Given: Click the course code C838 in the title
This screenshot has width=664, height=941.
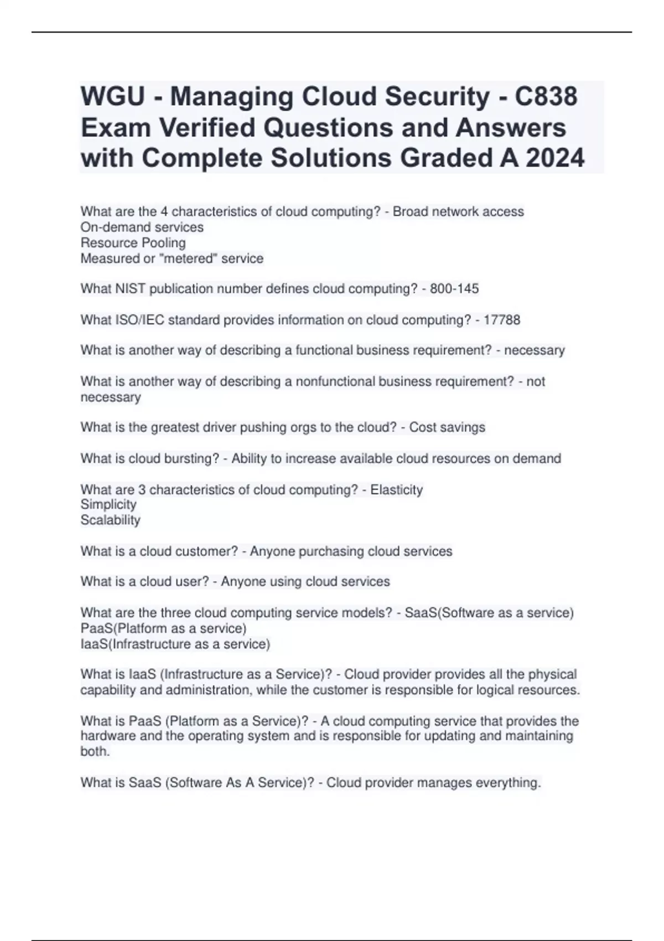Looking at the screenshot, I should pyautogui.click(x=546, y=96).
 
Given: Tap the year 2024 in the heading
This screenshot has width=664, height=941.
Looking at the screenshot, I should pyautogui.click(x=554, y=158).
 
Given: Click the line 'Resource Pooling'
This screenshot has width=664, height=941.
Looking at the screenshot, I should pyautogui.click(x=133, y=243).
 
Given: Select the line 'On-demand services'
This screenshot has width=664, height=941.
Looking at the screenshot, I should pyautogui.click(x=142, y=228).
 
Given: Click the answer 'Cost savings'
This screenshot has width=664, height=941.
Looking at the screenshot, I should pyautogui.click(x=447, y=427).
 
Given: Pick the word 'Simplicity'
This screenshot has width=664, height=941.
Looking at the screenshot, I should pyautogui.click(x=108, y=504).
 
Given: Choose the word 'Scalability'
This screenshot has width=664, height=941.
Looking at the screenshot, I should pyautogui.click(x=110, y=520).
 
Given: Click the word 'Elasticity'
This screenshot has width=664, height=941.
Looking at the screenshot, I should pyautogui.click(x=396, y=490).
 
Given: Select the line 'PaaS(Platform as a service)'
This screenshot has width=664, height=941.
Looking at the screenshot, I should pyautogui.click(x=163, y=629).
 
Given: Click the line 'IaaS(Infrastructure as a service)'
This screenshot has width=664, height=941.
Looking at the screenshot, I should pyautogui.click(x=175, y=644).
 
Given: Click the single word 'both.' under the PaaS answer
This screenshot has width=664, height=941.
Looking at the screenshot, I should pyautogui.click(x=95, y=752).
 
